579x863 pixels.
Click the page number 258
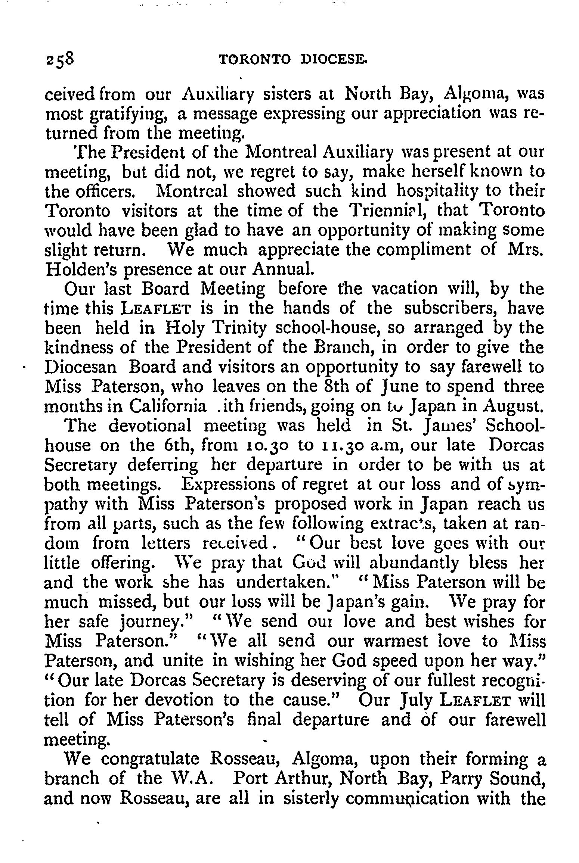pyautogui.click(x=61, y=59)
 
